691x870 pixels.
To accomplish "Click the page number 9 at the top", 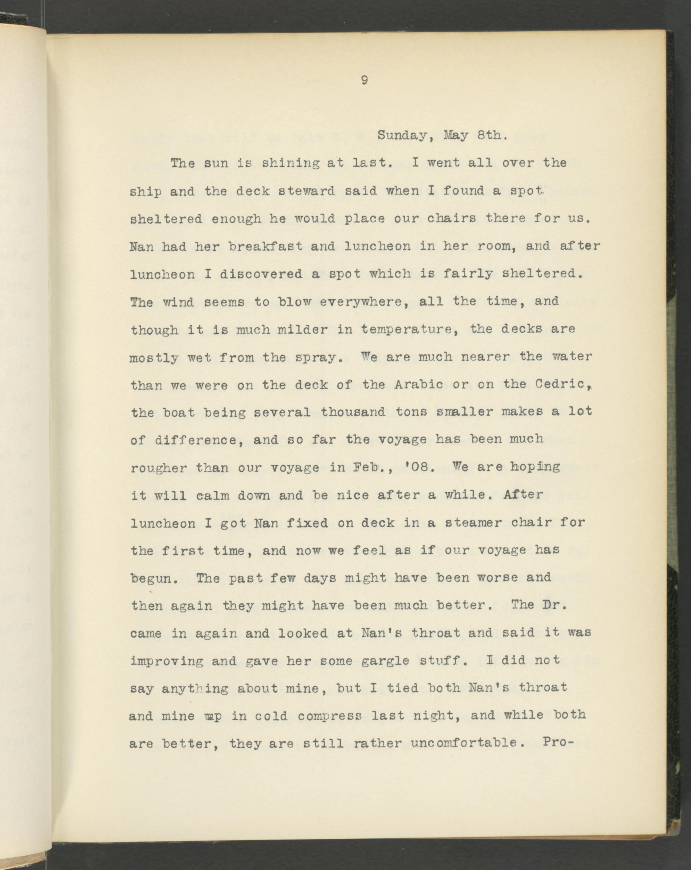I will [364, 81].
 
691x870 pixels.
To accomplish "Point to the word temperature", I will [410, 330].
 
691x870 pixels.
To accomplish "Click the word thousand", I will [353, 412].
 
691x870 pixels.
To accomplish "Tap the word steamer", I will [473, 523].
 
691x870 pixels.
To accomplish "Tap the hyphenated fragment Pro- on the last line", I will [558, 742].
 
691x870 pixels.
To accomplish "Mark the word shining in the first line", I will [290, 163].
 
